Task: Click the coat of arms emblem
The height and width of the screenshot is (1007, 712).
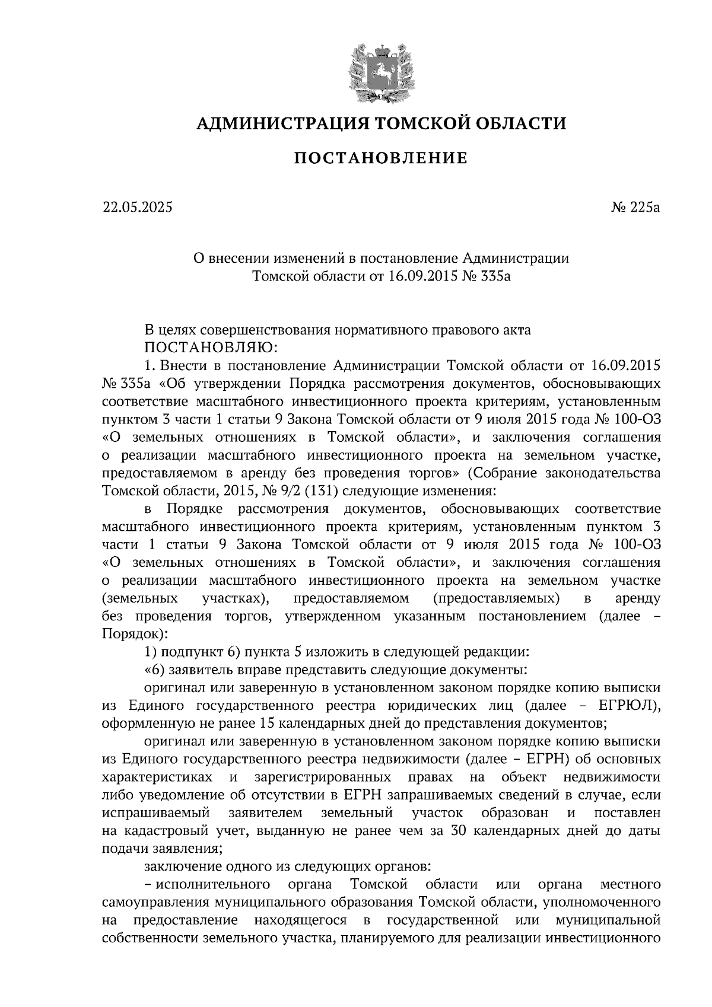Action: coord(380,71)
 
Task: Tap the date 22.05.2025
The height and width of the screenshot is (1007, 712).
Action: coord(136,208)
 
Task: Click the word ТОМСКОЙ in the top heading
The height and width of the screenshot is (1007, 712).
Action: coord(411,123)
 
